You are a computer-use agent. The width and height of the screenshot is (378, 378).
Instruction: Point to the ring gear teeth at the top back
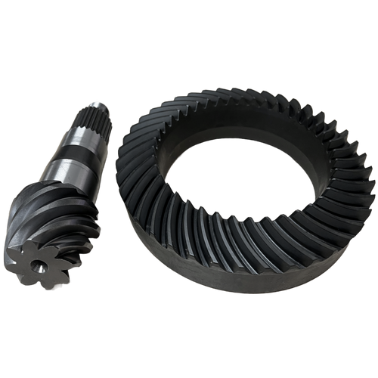[x=227, y=98]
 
